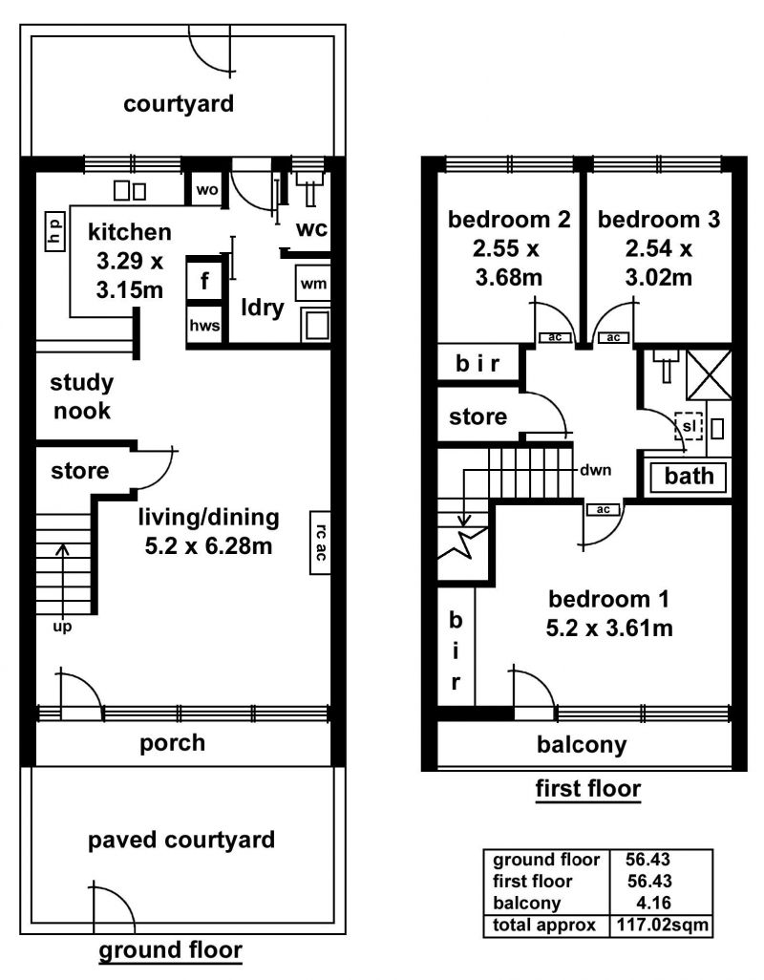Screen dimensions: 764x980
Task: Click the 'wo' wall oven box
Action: [x=207, y=189]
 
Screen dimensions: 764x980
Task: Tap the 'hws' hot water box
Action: [x=204, y=325]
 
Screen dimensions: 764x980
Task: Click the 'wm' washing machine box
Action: [x=313, y=284]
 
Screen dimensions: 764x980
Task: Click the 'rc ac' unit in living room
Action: [x=320, y=542]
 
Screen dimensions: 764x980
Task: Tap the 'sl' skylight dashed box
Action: [x=689, y=426]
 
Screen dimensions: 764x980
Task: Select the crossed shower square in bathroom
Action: [x=709, y=375]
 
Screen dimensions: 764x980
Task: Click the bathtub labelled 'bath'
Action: [x=689, y=477]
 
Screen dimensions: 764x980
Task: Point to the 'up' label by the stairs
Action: [x=62, y=627]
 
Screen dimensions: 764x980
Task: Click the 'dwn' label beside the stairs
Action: [x=595, y=470]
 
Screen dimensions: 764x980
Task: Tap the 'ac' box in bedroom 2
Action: [x=555, y=337]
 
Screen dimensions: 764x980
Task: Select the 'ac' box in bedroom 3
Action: [x=613, y=337]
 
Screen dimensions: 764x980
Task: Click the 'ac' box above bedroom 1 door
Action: [x=603, y=509]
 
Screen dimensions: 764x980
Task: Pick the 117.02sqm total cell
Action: [x=663, y=925]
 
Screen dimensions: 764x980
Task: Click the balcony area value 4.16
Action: [x=653, y=903]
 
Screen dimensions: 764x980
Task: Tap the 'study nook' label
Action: [x=82, y=396]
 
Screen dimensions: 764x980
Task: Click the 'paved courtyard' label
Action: [x=181, y=840]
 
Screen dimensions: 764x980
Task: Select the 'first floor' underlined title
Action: [x=588, y=789]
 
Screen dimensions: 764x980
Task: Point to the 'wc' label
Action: [x=311, y=228]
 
